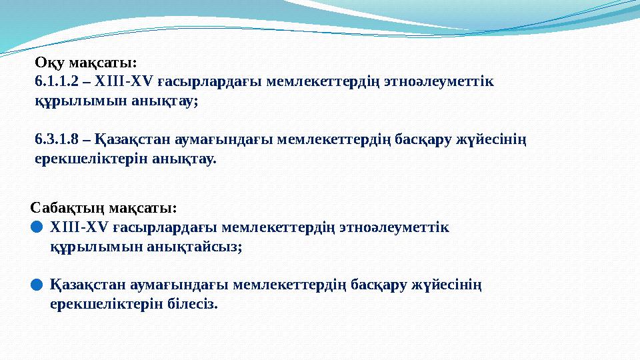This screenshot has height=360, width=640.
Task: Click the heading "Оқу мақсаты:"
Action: (85, 63)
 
